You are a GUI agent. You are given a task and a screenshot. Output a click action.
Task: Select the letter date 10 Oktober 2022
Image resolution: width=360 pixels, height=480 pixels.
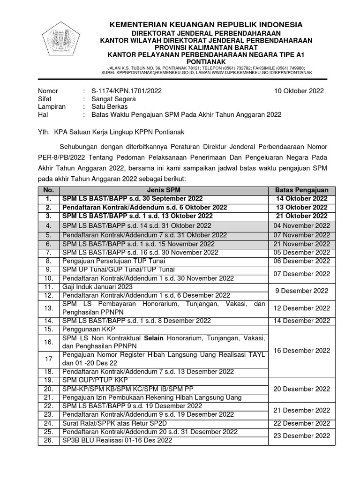pos(299,91)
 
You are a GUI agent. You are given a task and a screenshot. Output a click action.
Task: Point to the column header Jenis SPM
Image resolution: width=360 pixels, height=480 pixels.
pos(164,190)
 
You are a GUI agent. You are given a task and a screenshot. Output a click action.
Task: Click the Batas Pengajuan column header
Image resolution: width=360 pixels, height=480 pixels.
pos(301,190)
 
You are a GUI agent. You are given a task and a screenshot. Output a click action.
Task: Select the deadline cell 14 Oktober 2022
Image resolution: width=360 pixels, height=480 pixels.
pos(301,199)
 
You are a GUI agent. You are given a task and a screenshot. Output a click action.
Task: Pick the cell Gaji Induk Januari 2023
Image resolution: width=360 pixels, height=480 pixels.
pos(97,286)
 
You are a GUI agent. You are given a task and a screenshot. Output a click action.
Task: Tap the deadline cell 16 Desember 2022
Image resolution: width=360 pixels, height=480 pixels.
pos(301,351)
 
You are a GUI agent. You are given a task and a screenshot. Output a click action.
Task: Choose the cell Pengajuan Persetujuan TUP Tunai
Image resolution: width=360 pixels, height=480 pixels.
pos(118,261)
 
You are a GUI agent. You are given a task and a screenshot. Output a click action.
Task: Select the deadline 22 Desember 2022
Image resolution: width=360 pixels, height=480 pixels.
pos(301,423)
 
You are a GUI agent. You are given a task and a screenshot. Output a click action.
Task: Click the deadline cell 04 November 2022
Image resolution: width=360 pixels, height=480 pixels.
pos(301,225)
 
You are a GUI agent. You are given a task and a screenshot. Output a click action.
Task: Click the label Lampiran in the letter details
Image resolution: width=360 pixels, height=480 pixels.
pos(52,107)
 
